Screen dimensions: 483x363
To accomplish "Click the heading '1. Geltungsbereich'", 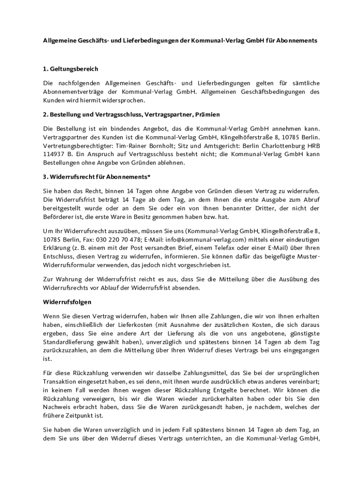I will click(70, 69).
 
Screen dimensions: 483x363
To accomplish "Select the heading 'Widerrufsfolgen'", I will click(67, 301).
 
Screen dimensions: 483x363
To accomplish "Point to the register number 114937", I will click(53, 154).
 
